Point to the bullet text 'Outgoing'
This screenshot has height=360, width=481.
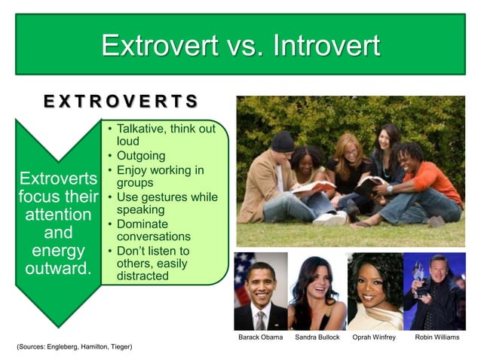pos(140,155)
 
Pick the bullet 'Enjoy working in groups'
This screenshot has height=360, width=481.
pos(159,176)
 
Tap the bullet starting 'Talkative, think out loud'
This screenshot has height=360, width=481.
pos(165,135)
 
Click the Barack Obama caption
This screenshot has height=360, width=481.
pos(260,337)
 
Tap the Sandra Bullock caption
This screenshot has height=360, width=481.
pos(317,337)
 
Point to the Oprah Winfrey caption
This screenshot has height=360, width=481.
pos(374,337)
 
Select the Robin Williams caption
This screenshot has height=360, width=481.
pos(437,337)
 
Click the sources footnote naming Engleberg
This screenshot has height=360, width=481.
pos(74,346)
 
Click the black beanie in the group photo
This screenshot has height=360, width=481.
pos(282,140)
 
